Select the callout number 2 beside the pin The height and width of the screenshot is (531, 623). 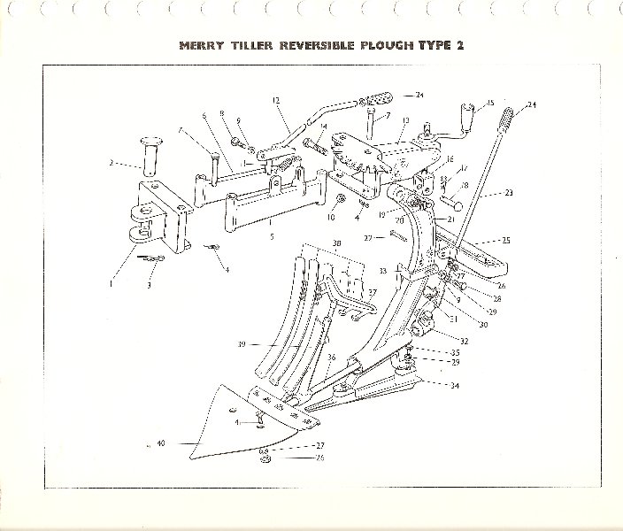(112, 162)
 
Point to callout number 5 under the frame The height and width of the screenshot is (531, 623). (271, 237)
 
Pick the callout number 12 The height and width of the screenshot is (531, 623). (276, 100)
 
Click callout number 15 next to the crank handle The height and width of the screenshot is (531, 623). (490, 104)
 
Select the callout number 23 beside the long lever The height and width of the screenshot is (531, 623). (510, 191)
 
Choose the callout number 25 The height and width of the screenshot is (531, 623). (505, 241)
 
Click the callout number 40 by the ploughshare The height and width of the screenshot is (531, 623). (161, 442)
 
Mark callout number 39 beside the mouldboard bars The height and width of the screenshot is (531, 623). (241, 344)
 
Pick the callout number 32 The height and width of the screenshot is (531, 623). (465, 339)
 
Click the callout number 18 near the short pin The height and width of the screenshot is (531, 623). (465, 186)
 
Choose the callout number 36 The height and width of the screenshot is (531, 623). (332, 358)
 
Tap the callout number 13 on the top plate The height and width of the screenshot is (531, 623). (405, 120)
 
